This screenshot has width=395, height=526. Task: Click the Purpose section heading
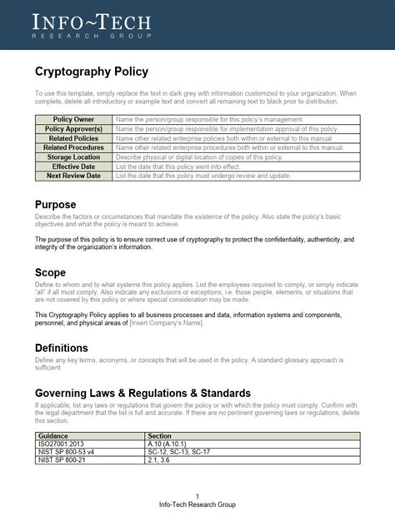[56, 205]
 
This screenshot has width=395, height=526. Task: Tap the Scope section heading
[50, 272]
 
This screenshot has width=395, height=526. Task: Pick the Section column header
[158, 435]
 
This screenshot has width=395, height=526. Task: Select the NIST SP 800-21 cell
[62, 460]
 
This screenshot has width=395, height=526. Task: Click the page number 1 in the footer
[197, 495]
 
